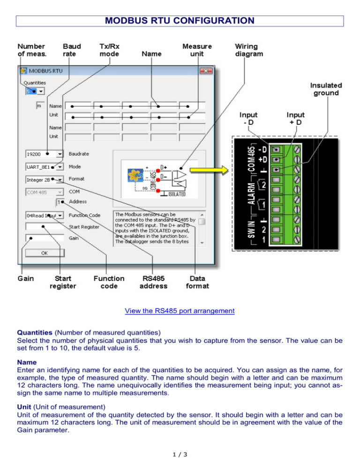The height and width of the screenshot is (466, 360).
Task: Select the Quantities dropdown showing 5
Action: click(x=35, y=91)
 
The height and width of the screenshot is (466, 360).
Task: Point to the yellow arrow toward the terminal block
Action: click(x=212, y=168)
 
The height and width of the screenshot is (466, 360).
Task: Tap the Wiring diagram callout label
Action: click(x=249, y=50)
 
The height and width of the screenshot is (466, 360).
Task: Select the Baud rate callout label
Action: click(x=72, y=50)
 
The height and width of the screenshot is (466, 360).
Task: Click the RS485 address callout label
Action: click(x=154, y=282)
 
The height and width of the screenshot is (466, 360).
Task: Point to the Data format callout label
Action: click(x=197, y=282)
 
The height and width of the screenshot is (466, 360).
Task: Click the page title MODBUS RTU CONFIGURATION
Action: click(x=180, y=21)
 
